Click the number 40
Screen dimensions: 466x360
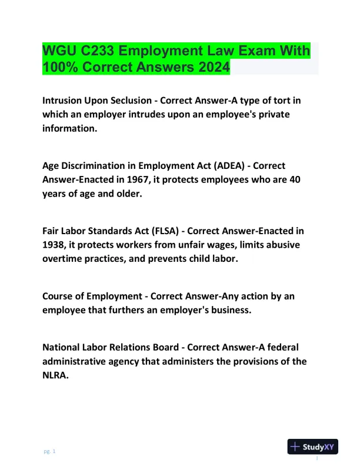pyautogui.click(x=296, y=180)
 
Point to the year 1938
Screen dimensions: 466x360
pyautogui.click(x=55, y=245)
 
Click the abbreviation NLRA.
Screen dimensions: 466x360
pyautogui.click(x=55, y=376)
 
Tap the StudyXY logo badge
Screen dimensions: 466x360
pyautogui.click(x=312, y=447)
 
